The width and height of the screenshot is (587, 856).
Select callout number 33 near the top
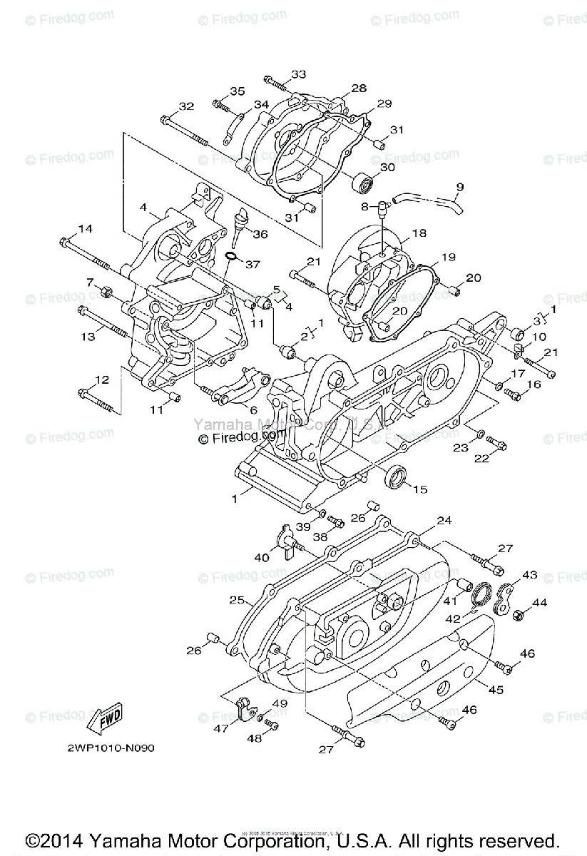[298, 74]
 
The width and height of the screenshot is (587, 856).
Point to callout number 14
[85, 228]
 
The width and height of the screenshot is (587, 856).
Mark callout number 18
[419, 233]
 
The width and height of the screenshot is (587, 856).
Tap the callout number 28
[358, 88]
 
